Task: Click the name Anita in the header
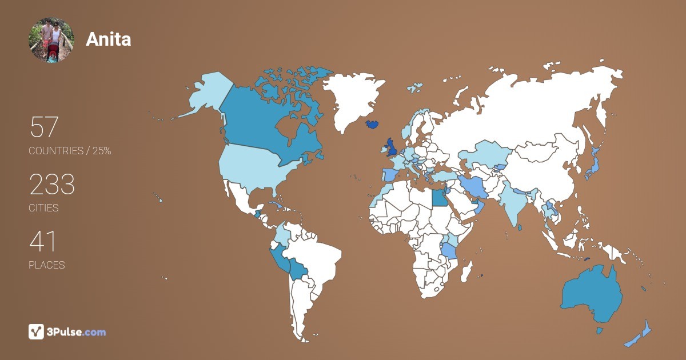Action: click(108, 39)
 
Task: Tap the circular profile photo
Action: click(51, 39)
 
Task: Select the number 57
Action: click(44, 127)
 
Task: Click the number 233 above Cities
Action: click(52, 185)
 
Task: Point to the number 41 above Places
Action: click(43, 242)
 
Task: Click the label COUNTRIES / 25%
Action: click(70, 151)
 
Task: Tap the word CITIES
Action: click(43, 208)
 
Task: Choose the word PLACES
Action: click(46, 265)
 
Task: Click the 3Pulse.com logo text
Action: click(77, 332)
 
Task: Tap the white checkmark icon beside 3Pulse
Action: click(36, 331)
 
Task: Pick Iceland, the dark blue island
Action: click(372, 124)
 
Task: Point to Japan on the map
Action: click(593, 166)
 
